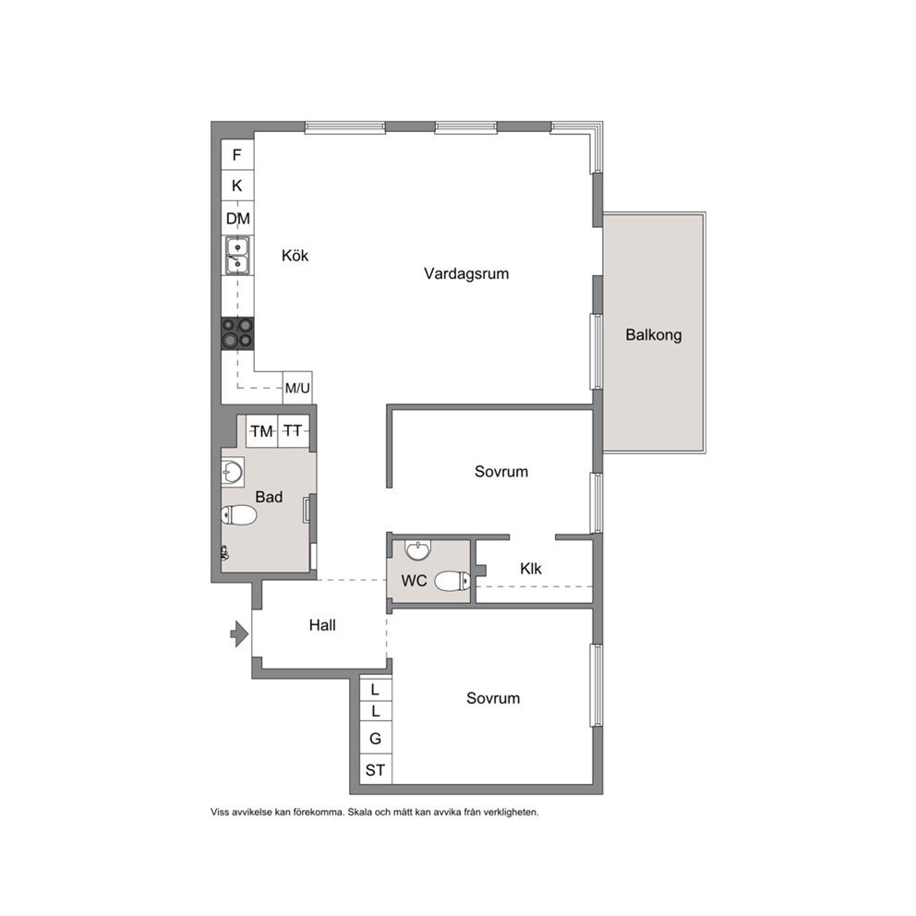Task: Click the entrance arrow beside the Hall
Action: (x=239, y=633)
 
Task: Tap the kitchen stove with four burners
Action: (x=237, y=333)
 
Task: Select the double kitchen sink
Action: (x=237, y=256)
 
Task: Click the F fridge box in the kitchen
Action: (x=237, y=155)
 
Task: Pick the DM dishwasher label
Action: (x=237, y=219)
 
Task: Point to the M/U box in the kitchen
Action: (x=297, y=388)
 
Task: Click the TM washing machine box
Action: (x=261, y=431)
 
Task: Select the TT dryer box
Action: (x=294, y=431)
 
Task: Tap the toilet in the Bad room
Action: (x=239, y=515)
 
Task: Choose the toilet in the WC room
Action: (x=452, y=581)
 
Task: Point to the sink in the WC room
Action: (x=417, y=549)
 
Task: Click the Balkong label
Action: (x=653, y=335)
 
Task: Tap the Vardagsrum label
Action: (x=466, y=273)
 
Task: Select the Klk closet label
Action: (x=530, y=569)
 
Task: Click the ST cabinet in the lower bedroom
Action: (x=375, y=770)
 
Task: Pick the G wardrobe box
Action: (x=375, y=739)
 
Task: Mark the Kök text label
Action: (x=295, y=255)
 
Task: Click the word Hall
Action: (x=322, y=625)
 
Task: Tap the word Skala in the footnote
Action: (x=360, y=812)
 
